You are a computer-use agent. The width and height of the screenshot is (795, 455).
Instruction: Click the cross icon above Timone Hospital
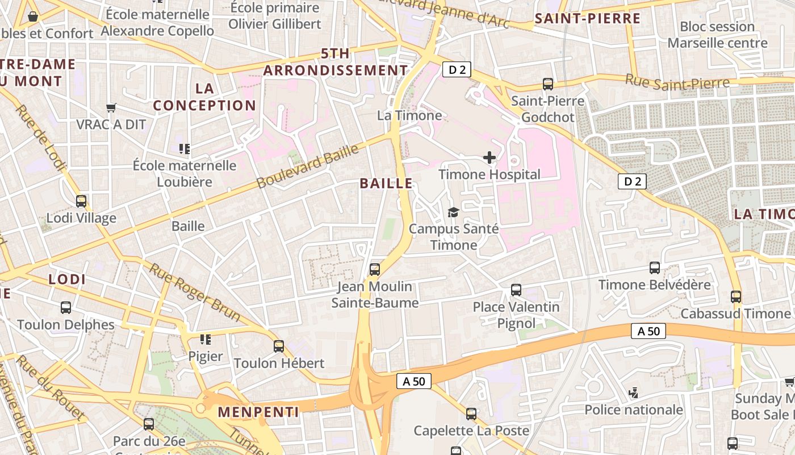point(489,158)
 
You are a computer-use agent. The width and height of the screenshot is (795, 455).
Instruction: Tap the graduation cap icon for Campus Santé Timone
point(453,212)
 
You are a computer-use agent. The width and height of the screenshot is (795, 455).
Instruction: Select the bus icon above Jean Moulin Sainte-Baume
point(375,270)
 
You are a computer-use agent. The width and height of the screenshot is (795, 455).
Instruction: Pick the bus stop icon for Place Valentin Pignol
point(516,290)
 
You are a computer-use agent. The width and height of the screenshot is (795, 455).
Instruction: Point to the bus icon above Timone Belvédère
point(655,268)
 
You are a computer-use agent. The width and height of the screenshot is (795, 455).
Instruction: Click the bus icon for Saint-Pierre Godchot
point(548,84)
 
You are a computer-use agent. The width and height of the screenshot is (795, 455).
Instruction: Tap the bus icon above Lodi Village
point(81,201)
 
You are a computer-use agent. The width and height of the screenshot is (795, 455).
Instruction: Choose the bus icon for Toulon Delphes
point(66,308)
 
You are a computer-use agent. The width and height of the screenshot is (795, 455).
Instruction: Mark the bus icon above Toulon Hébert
point(279,346)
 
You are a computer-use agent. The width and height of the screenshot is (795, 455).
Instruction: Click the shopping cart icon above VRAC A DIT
point(111,107)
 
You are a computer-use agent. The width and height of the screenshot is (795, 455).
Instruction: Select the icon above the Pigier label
point(206,340)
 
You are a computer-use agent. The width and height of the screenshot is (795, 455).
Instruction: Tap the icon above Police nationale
point(634,392)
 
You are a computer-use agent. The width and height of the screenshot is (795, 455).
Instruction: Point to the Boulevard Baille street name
point(308,166)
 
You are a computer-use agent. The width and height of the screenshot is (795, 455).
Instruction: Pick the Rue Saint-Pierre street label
point(677,82)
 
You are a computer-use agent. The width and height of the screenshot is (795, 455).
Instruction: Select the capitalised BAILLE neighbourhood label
point(386,183)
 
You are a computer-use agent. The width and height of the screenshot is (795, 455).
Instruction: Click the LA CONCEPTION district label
point(204,97)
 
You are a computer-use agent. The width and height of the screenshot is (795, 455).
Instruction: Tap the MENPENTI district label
point(258,412)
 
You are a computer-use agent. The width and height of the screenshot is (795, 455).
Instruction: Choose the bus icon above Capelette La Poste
point(471,413)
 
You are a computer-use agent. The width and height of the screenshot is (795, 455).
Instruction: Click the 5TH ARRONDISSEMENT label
point(335,62)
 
